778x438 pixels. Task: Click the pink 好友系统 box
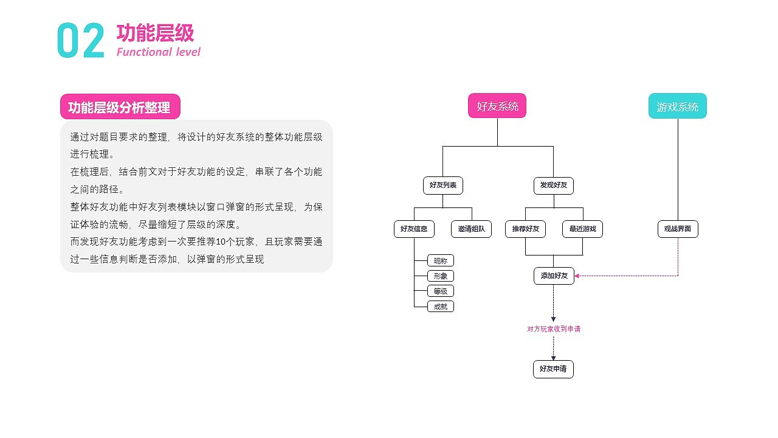tap(497, 106)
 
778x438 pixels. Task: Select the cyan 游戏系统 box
tap(677, 106)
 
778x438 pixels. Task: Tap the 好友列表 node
tap(442, 185)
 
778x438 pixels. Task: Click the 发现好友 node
tap(553, 185)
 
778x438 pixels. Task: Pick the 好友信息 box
tap(414, 229)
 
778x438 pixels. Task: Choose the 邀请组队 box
tap(471, 229)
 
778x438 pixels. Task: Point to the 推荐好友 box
tap(525, 229)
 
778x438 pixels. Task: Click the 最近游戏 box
tap(582, 229)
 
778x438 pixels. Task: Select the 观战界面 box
tap(678, 229)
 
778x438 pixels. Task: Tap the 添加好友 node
tap(553, 276)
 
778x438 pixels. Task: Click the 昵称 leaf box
tap(440, 261)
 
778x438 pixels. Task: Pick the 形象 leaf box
tap(440, 276)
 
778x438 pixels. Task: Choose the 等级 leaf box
tap(440, 291)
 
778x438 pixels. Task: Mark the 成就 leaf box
tap(440, 307)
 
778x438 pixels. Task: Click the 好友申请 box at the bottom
tap(553, 369)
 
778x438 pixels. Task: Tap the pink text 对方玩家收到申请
tap(553, 329)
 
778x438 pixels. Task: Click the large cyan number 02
tap(81, 41)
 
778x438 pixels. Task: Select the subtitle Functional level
tap(158, 52)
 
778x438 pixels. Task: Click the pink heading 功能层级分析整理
tap(120, 108)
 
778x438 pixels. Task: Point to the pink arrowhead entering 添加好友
tap(577, 276)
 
